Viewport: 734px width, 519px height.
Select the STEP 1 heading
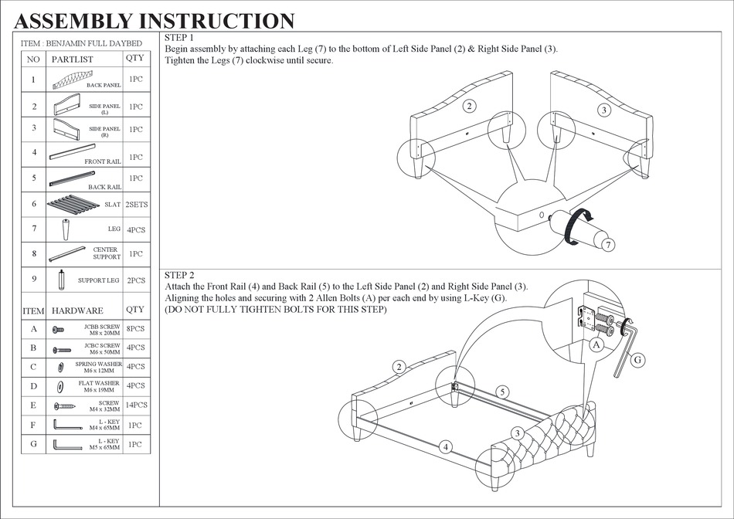(x=179, y=38)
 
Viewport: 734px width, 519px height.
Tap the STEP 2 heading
(x=179, y=275)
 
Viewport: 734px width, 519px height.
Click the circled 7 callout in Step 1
(x=609, y=246)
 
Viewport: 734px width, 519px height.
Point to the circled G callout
(x=639, y=360)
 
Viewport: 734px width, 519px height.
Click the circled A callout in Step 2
(x=596, y=346)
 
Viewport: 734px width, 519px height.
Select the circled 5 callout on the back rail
(x=502, y=392)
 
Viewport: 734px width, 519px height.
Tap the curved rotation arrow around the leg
(x=575, y=226)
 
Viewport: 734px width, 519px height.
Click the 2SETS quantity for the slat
(x=136, y=205)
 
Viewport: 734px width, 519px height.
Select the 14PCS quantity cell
(x=136, y=405)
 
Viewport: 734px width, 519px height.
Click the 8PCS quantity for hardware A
(x=136, y=329)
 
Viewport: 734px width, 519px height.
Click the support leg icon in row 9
(x=61, y=280)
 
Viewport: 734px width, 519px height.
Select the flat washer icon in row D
(x=59, y=385)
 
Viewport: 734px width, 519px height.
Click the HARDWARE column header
(x=77, y=310)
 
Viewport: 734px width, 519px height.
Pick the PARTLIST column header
(x=72, y=59)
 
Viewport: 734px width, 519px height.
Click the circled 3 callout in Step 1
(x=604, y=110)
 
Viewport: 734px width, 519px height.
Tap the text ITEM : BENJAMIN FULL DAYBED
(x=81, y=44)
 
